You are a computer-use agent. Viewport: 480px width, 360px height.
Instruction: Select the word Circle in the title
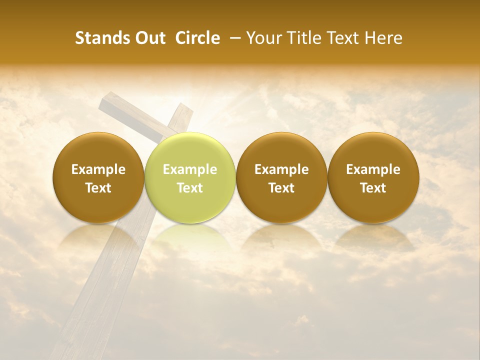197,38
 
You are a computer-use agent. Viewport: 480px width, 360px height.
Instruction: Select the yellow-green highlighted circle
190,177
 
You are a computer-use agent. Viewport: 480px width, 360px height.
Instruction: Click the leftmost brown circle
98,177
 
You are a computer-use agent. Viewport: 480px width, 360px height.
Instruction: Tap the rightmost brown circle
373,177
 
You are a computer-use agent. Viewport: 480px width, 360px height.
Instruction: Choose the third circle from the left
281,177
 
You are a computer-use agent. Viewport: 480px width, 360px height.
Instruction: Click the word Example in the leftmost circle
98,169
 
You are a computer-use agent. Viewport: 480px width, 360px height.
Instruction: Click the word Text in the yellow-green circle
190,188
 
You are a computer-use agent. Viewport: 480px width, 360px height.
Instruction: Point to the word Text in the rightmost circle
373,188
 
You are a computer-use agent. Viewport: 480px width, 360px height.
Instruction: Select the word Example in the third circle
281,169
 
